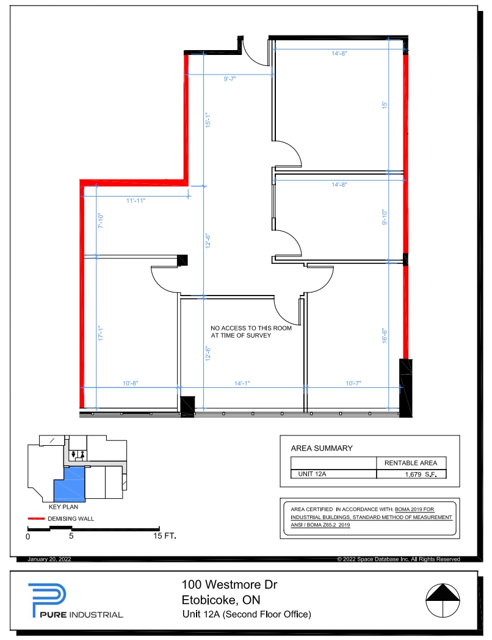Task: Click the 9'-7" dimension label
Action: pos(230,79)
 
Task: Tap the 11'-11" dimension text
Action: pos(136,200)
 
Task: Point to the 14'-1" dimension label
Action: pos(242,384)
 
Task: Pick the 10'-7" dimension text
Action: pos(353,384)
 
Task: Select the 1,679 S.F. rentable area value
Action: pos(421,474)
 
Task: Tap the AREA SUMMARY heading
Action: pos(322,448)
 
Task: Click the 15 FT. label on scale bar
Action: pos(165,537)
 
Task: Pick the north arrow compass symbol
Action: pos(442,601)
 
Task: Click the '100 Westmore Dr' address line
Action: pos(230,585)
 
